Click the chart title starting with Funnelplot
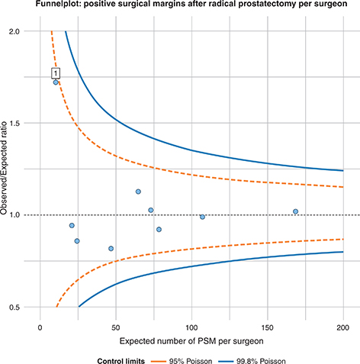point(180,7)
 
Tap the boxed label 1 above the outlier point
point(56,73)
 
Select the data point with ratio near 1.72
point(56,82)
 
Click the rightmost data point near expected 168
point(295,211)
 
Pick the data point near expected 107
point(202,217)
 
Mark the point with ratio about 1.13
point(138,192)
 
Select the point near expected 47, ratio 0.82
point(111,248)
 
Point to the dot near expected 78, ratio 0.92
point(159,229)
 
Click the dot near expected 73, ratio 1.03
point(151,210)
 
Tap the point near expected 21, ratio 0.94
point(72,226)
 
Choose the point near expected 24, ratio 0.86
point(77,241)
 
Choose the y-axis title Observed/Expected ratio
point(8,169)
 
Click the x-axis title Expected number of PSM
point(191,338)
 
